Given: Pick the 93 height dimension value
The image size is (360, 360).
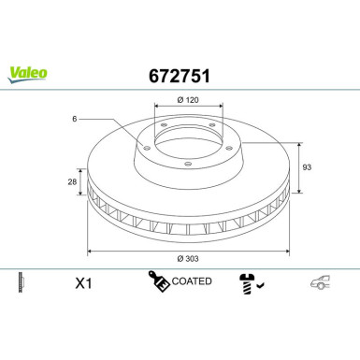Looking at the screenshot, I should [x=308, y=166].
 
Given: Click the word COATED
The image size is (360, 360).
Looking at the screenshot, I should [x=193, y=281].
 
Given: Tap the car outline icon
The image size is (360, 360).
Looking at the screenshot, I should [x=321, y=281].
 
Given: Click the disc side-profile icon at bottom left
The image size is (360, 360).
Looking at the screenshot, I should [x=21, y=281].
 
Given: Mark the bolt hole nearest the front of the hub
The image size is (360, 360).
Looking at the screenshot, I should [x=186, y=166].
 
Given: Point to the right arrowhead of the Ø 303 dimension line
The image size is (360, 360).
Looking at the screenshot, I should [x=292, y=252].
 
